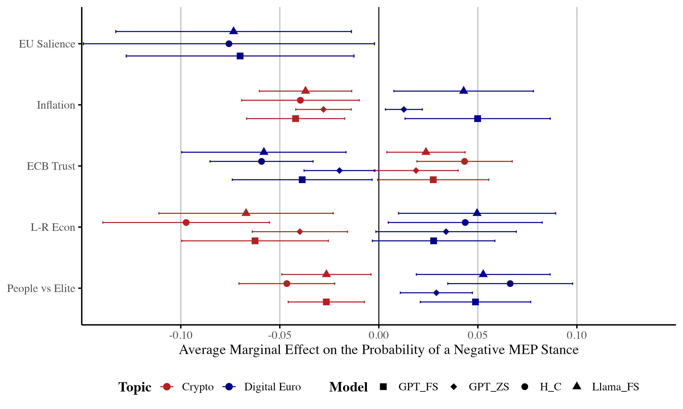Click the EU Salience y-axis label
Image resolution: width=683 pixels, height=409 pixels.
[x=47, y=44]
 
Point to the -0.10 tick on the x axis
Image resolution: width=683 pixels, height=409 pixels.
[x=181, y=335]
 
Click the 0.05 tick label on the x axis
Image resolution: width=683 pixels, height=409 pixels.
[x=477, y=335]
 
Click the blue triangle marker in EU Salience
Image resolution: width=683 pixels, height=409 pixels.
[x=234, y=31]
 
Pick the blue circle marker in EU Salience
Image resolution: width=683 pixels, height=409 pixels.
[x=229, y=44]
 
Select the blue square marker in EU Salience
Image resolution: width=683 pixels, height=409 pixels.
[x=240, y=56]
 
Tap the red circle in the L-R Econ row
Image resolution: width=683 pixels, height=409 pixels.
[x=186, y=222]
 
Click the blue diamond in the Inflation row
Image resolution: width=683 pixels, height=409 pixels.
[x=404, y=110]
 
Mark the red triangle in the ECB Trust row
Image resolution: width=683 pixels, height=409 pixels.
[x=426, y=152]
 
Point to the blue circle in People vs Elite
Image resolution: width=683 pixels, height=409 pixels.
[x=510, y=284]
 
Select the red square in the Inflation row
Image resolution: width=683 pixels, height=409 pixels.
[x=295, y=119]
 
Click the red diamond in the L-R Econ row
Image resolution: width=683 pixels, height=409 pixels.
[x=300, y=232]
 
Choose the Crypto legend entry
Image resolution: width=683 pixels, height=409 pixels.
[x=197, y=387]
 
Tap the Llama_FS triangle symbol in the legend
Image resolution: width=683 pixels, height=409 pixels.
[x=577, y=386]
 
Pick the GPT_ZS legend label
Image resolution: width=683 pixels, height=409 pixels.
[x=489, y=387]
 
